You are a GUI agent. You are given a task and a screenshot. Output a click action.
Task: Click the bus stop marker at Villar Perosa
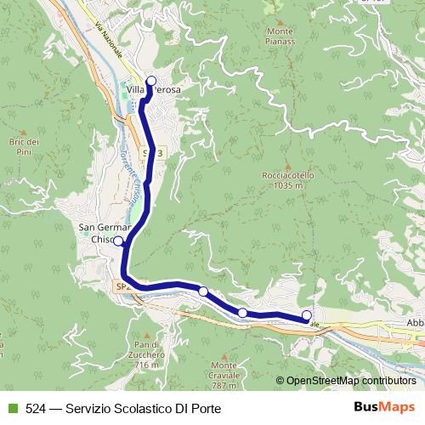(152, 82)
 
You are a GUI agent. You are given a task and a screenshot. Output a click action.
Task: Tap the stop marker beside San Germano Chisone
(118, 241)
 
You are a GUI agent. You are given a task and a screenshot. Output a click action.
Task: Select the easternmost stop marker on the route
(307, 316)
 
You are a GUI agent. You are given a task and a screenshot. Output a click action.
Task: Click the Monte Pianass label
(280, 37)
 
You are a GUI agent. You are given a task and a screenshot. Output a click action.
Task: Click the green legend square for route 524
(11, 409)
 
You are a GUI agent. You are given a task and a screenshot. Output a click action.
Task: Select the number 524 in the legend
(35, 409)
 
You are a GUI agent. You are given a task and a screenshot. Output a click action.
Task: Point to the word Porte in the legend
(207, 409)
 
